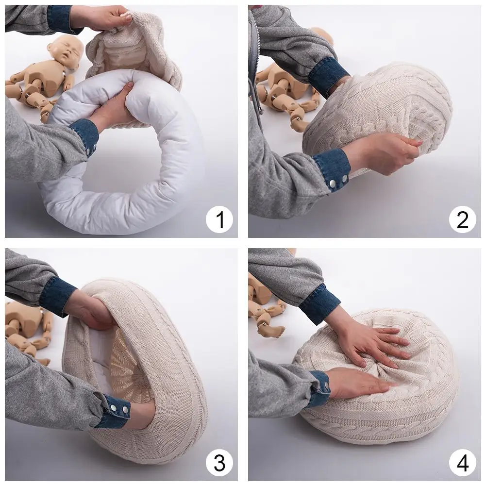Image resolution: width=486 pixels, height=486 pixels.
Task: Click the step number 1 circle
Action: [x=219, y=219]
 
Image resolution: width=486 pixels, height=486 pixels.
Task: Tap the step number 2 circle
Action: [x=462, y=219]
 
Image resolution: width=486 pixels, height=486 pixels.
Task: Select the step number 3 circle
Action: [x=219, y=463]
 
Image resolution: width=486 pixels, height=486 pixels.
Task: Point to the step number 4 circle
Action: [x=462, y=463]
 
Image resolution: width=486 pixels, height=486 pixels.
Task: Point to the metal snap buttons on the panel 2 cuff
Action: [x=338, y=181]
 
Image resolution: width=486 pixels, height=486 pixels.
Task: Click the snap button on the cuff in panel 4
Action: [x=326, y=386]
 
